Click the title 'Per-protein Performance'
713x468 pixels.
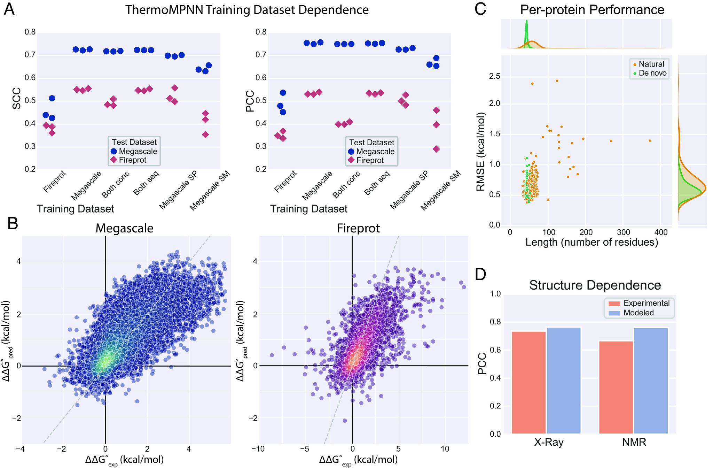click(x=592, y=9)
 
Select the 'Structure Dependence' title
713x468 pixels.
click(x=595, y=285)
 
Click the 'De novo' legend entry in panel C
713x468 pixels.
click(x=652, y=73)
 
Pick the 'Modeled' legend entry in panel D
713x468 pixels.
click(x=638, y=313)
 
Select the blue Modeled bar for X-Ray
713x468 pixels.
click(x=564, y=381)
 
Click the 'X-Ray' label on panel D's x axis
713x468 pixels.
click(x=549, y=442)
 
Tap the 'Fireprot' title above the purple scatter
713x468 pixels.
click(x=358, y=228)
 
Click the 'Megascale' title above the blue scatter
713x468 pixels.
click(x=124, y=228)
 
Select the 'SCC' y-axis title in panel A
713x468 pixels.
click(x=16, y=100)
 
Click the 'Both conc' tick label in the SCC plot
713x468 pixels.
click(x=116, y=184)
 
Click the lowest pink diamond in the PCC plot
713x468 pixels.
click(x=436, y=149)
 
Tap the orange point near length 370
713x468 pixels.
click(x=650, y=141)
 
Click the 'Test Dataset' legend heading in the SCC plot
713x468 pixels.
click(x=134, y=142)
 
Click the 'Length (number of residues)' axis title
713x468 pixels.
click(x=591, y=242)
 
